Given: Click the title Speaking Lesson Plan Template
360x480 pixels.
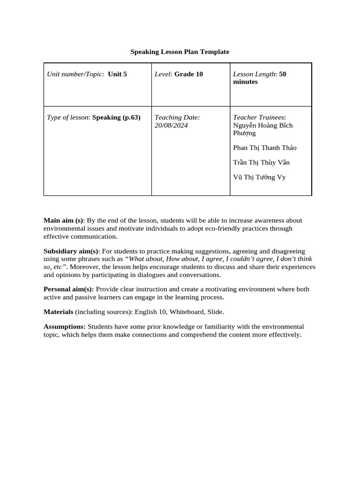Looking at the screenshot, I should tap(180, 52).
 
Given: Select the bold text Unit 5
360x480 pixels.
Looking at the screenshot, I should tap(117, 74).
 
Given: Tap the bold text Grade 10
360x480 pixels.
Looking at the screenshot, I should tap(188, 74).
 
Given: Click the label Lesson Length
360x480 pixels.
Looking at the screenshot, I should tap(254, 74).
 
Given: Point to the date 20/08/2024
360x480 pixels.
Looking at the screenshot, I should tap(171, 126).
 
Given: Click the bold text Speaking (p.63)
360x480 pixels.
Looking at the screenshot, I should tap(116, 117).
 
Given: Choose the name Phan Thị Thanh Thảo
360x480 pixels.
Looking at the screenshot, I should tap(264, 148).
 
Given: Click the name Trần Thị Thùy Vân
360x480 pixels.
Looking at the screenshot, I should tap(261, 163).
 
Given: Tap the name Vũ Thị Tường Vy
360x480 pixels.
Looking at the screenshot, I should tap(259, 177).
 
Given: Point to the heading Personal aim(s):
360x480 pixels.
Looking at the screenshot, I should tap(68, 289).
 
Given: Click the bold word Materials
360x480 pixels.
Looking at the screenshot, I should tap(58, 312).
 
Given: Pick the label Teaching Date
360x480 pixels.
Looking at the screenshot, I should tap(177, 117).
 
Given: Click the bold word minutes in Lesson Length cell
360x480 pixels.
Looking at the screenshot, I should tap(245, 82).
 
